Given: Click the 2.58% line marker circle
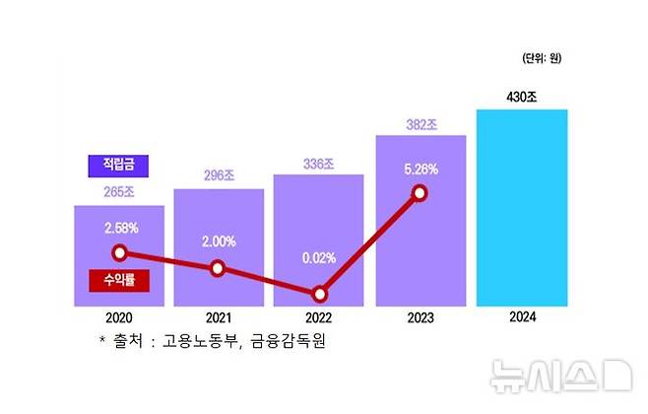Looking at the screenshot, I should click(119, 252).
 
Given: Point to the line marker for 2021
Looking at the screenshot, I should click(219, 268).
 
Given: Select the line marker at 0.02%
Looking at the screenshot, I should click(319, 294).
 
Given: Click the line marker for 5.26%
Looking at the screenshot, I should click(420, 193).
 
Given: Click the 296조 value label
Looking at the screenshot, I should click(219, 175).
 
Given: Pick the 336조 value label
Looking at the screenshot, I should click(319, 162).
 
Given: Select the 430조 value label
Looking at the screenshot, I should click(522, 97).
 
